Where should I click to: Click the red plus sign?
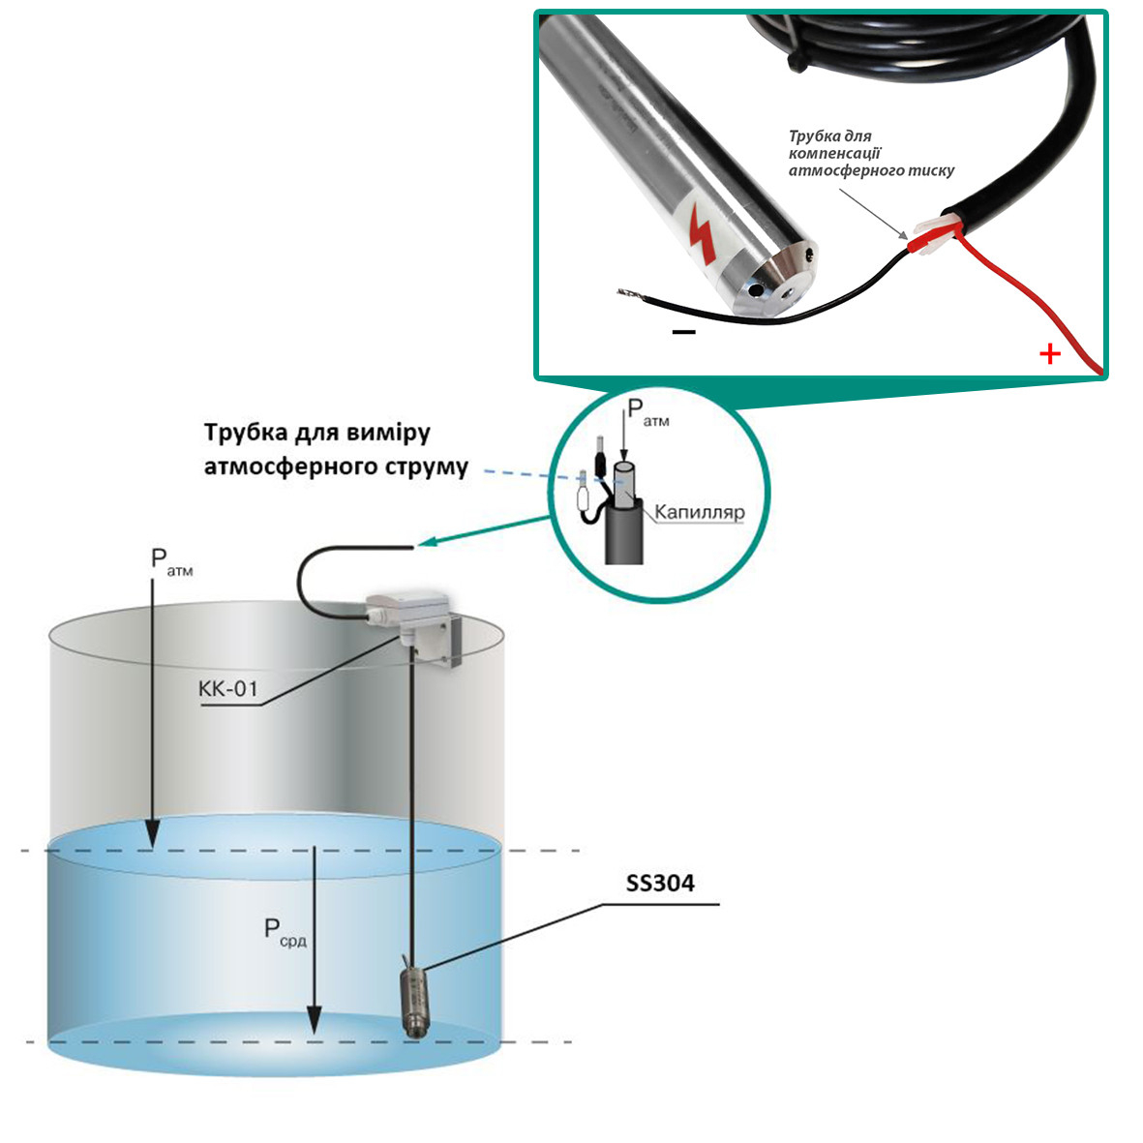pos(1050,354)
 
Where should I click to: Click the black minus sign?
pos(683,332)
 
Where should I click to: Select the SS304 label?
pos(660,884)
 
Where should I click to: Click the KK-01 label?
pos(228,689)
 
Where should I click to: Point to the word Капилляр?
pos(700,512)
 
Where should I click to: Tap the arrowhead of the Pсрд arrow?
pos(315,1020)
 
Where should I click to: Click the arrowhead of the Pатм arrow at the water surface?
pos(152,835)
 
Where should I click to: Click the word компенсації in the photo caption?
pos(834,154)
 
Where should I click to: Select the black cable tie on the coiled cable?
pos(796,61)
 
